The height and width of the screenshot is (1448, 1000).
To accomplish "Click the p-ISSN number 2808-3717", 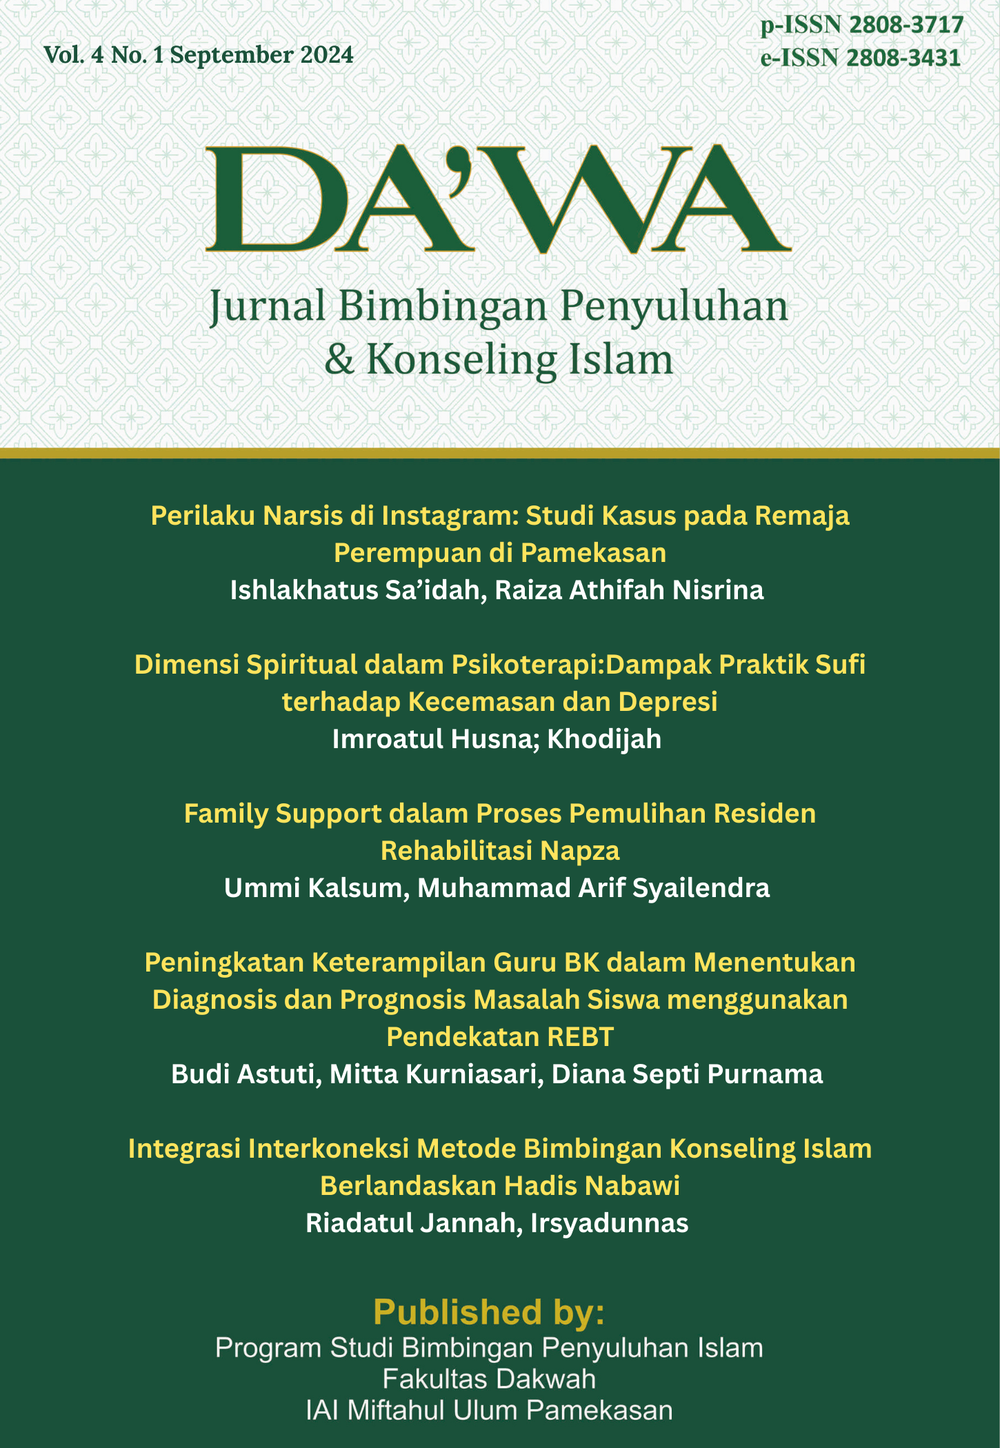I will (x=906, y=26).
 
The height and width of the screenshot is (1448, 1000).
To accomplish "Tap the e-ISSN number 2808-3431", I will (x=903, y=58).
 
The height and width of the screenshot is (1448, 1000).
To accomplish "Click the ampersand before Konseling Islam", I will (x=339, y=359).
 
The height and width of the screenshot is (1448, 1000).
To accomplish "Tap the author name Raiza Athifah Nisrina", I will (x=629, y=590).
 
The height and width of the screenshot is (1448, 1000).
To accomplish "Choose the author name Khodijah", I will (x=604, y=739).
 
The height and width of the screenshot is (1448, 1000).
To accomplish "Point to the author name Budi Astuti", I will (x=243, y=1074).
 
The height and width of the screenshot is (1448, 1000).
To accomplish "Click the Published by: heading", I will (x=489, y=1312).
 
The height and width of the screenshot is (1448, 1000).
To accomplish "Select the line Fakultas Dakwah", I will (x=489, y=1379).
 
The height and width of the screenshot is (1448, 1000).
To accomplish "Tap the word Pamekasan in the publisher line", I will (x=600, y=1410).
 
